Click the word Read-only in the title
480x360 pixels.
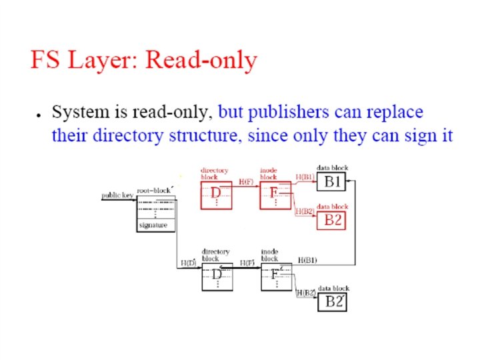[x=201, y=61]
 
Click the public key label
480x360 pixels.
[x=117, y=195]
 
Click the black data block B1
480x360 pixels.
[x=332, y=181]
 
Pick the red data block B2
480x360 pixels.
[x=332, y=220]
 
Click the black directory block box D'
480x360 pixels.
[x=217, y=275]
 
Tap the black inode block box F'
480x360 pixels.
[x=276, y=275]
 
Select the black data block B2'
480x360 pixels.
[x=333, y=301]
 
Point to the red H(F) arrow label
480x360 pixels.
[x=246, y=181]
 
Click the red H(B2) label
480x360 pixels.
[x=305, y=211]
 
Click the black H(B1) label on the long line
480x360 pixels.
[x=307, y=258]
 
